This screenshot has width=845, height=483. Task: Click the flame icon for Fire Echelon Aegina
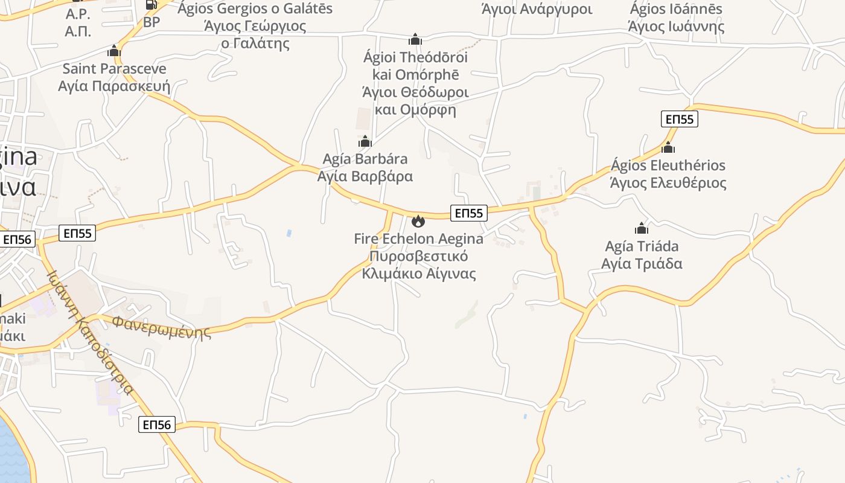click(418, 221)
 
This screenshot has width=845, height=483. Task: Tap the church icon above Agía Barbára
click(365, 142)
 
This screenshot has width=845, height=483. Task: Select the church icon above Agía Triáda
click(642, 228)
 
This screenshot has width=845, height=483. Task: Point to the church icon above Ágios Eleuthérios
click(668, 147)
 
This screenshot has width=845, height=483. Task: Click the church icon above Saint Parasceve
click(114, 51)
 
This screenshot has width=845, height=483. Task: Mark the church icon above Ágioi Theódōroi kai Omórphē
click(415, 40)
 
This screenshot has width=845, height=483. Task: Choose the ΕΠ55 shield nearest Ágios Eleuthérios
click(680, 119)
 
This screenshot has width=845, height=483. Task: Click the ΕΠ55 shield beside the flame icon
click(469, 213)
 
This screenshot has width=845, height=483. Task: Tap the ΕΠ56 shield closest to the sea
click(157, 424)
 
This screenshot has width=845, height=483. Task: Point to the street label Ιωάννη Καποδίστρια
click(90, 331)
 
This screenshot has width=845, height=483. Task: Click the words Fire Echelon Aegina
click(418, 238)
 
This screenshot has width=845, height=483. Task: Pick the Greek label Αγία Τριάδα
click(642, 264)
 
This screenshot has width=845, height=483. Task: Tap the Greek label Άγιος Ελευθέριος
click(668, 183)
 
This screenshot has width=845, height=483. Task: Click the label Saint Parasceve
click(114, 68)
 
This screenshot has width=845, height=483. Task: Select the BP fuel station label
click(151, 22)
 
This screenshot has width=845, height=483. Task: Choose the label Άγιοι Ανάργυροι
click(537, 9)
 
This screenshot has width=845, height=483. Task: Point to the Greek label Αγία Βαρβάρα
click(365, 176)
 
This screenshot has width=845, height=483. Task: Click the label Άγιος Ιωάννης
click(676, 27)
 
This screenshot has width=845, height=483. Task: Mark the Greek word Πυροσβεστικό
click(418, 256)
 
